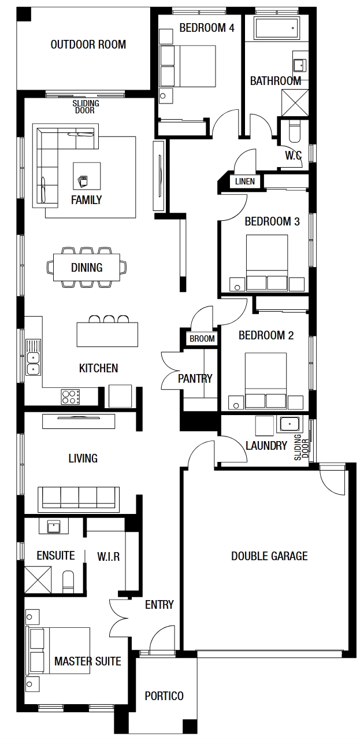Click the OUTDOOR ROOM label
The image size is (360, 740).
(x=88, y=45)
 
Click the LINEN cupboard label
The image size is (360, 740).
(x=245, y=182)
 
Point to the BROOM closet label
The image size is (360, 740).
(x=202, y=339)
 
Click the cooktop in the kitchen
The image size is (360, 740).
(x=70, y=397)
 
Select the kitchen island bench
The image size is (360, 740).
(x=107, y=334)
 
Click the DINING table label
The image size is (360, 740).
(x=87, y=267)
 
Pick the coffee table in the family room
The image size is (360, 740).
(x=87, y=176)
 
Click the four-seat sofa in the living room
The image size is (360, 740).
(x=79, y=498)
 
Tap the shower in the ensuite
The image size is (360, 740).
(x=38, y=580)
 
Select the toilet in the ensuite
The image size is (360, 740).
(x=68, y=582)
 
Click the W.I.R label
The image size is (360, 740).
(x=108, y=557)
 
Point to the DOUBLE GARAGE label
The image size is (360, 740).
(x=269, y=556)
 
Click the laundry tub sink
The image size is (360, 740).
(x=290, y=424)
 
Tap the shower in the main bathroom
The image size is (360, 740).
(x=295, y=102)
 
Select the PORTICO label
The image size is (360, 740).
(x=164, y=696)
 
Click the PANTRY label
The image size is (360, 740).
(x=195, y=378)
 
